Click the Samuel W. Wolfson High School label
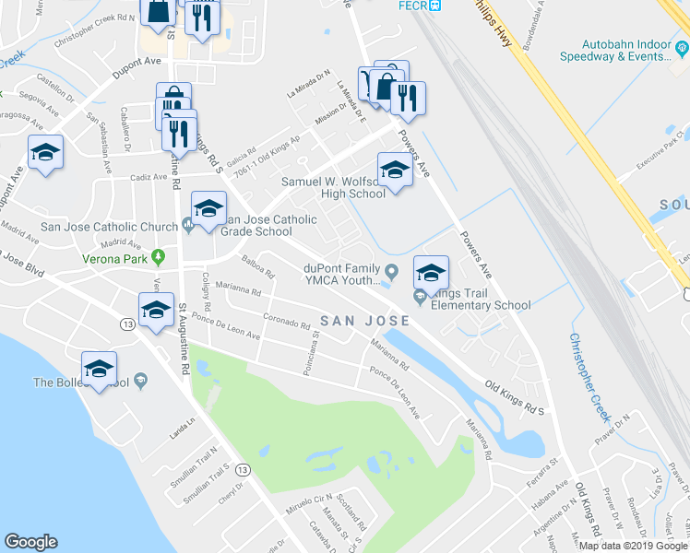tap(333, 188)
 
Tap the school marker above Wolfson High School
tap(394, 171)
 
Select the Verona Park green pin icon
tap(158, 256)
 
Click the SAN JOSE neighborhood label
tap(364, 321)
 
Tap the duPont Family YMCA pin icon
tap(392, 271)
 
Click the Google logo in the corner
tap(31, 542)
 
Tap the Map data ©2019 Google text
tap(632, 546)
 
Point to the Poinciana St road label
tap(310, 356)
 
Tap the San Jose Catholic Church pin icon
tap(187, 222)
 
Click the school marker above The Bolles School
tap(98, 368)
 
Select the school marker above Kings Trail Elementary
tap(430, 272)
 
